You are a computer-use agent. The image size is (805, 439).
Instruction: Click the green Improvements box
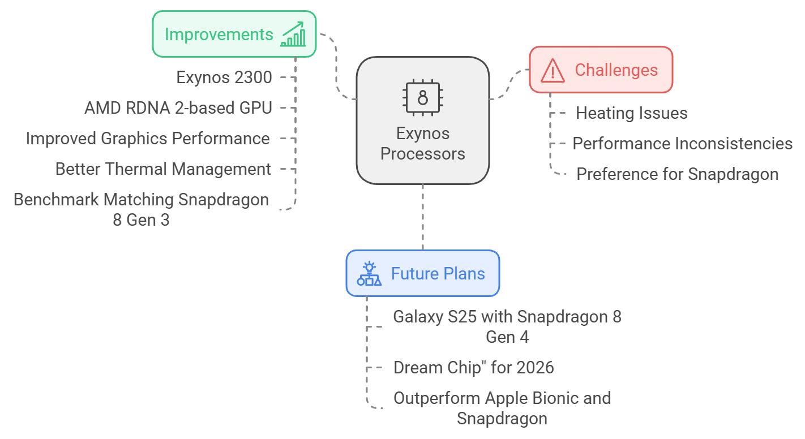pyautogui.click(x=234, y=34)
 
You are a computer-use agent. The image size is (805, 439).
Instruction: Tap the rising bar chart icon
pyautogui.click(x=293, y=34)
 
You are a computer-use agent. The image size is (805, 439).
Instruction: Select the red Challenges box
pyautogui.click(x=601, y=70)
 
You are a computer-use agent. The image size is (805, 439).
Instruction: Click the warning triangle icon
pyautogui.click(x=553, y=70)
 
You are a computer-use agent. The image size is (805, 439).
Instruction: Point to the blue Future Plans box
pyautogui.click(x=423, y=273)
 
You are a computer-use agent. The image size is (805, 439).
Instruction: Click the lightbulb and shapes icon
pyautogui.click(x=370, y=274)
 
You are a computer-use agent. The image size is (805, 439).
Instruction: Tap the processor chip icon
pyautogui.click(x=423, y=97)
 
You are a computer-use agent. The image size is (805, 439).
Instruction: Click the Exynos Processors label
pyautogui.click(x=423, y=144)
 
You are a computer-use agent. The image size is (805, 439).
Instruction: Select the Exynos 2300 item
pyautogui.click(x=224, y=78)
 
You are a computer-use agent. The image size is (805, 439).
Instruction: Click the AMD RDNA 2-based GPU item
pyautogui.click(x=178, y=108)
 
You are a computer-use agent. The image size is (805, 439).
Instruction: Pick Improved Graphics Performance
pyautogui.click(x=148, y=139)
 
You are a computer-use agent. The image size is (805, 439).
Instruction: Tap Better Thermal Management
pyautogui.click(x=163, y=169)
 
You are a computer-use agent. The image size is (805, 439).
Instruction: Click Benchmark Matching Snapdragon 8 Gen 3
pyautogui.click(x=141, y=210)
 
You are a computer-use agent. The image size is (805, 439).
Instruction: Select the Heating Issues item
pyautogui.click(x=631, y=113)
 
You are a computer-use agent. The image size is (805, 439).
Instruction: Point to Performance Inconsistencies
pyautogui.click(x=683, y=144)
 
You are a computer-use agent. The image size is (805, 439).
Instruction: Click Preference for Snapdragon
pyautogui.click(x=678, y=174)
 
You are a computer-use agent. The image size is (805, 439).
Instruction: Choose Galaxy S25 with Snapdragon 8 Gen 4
pyautogui.click(x=507, y=327)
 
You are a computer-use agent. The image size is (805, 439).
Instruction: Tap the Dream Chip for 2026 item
pyautogui.click(x=474, y=368)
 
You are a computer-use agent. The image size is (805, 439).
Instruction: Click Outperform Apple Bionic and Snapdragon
pyautogui.click(x=502, y=408)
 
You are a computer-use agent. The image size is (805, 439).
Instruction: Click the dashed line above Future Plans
pyautogui.click(x=423, y=217)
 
